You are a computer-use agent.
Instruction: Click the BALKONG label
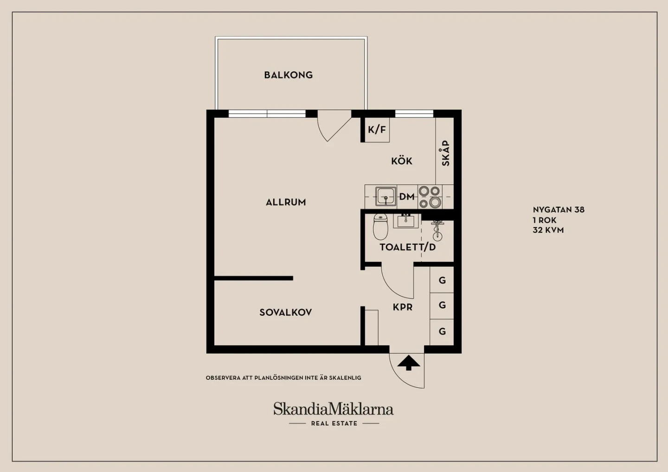289,75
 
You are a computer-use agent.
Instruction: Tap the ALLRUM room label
286,202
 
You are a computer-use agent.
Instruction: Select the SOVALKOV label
286,313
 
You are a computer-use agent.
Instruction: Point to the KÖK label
402,161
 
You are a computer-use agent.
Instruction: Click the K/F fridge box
377,130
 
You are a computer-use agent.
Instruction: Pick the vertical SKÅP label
445,153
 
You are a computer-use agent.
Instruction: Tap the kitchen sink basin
386,197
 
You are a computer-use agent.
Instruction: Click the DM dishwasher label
407,197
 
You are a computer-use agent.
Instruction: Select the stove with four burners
430,197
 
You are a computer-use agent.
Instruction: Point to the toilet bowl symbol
380,226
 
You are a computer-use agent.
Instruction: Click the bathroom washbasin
405,221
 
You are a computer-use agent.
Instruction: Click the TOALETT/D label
408,247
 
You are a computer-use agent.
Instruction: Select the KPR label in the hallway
403,307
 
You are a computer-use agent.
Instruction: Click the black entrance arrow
409,363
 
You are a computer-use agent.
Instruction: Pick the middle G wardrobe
442,306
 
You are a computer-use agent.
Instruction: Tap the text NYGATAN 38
559,210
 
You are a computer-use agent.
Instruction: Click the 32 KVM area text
548,230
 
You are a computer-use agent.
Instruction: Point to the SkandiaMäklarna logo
334,413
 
